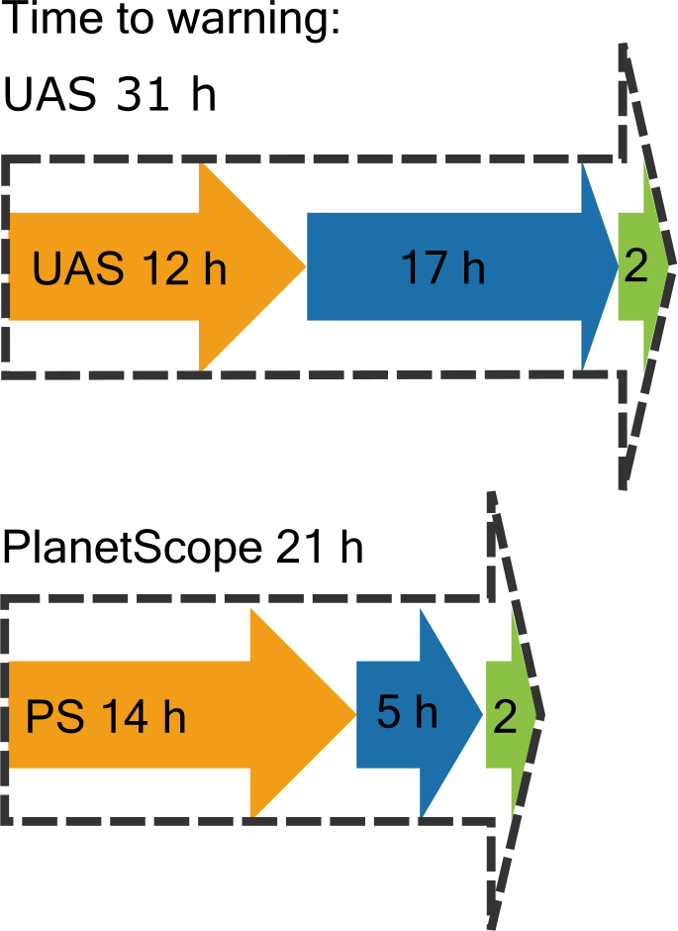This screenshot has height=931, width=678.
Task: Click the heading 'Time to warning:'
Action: click(x=172, y=22)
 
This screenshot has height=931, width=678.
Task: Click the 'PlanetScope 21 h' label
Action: click(x=183, y=546)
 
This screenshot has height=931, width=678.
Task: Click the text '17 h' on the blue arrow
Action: click(x=442, y=268)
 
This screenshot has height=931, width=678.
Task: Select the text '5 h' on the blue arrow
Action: click(x=406, y=712)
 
